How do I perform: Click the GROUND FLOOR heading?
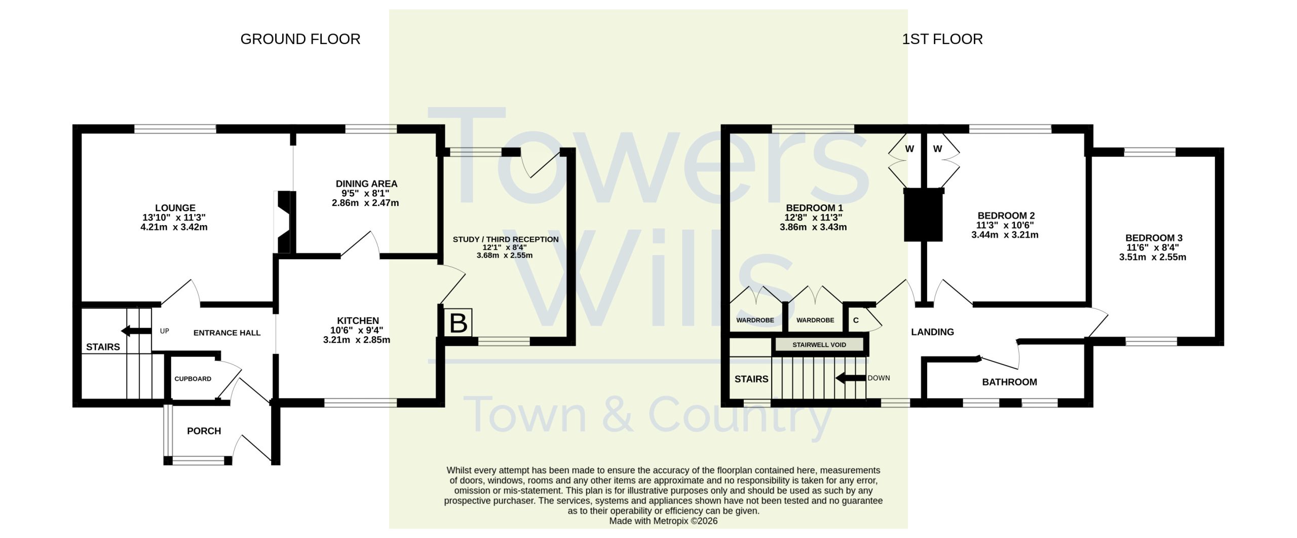[300, 39]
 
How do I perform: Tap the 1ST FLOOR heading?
[942, 39]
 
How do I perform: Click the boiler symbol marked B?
[459, 322]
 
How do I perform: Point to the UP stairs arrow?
[136, 331]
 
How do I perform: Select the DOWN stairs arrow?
[851, 378]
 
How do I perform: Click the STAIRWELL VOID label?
[819, 345]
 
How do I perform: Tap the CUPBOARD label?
[193, 379]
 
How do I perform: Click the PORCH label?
[204, 431]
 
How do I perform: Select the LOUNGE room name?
[175, 208]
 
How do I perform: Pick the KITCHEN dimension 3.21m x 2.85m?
[357, 340]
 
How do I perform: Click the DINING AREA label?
[366, 184]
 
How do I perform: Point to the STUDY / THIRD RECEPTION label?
[506, 239]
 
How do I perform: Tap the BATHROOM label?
[1009, 382]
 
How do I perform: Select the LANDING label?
[932, 332]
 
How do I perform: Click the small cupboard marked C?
[856, 320]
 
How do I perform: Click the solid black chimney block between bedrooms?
[924, 214]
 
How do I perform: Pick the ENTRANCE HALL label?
[226, 333]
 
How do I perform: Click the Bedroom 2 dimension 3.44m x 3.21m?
[1005, 235]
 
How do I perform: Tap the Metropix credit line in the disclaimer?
[663, 521]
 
